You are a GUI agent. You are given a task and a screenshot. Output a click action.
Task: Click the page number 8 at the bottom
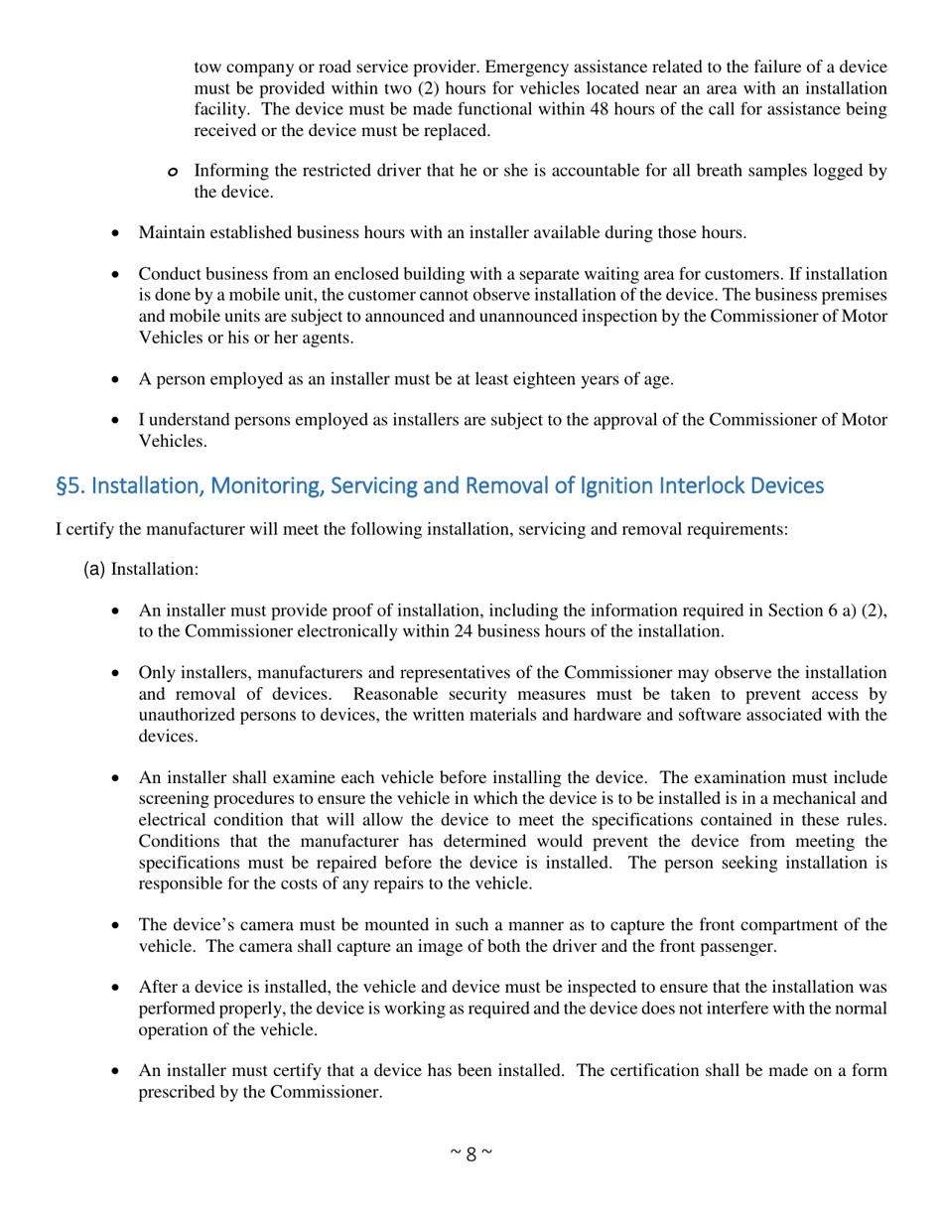[471, 1153]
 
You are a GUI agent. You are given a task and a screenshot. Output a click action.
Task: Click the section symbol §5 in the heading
[67, 486]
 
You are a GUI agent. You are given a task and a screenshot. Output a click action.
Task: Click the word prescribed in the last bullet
[180, 1092]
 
